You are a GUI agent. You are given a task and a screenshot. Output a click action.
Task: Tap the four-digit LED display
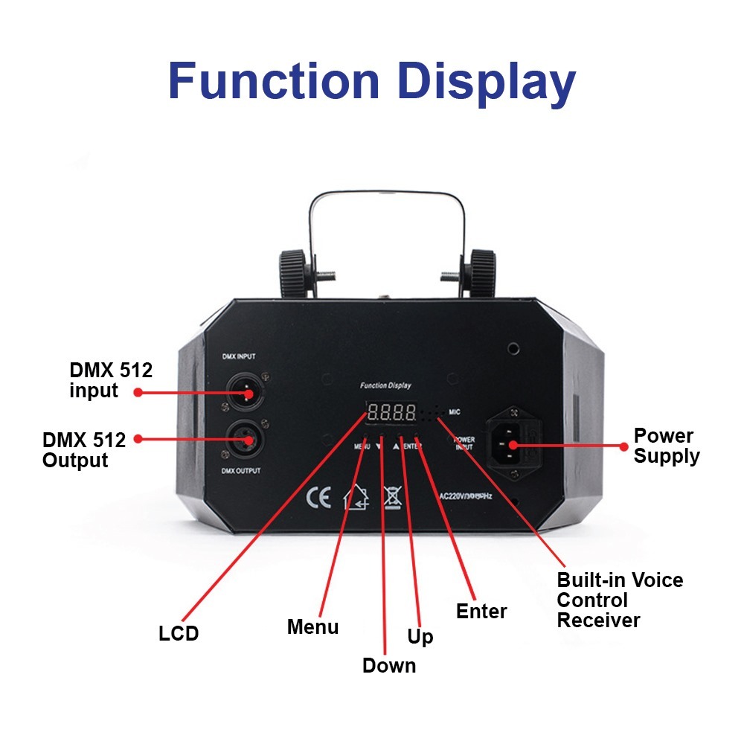[x=391, y=411]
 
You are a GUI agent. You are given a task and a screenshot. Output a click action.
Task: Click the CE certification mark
[x=319, y=498]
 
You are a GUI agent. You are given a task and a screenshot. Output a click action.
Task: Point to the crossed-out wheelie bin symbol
[x=392, y=497]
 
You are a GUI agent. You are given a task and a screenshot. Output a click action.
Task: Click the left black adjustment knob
[x=295, y=272]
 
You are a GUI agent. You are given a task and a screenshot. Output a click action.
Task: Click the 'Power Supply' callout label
[x=667, y=446]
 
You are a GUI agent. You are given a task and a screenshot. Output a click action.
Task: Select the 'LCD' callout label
[x=179, y=634]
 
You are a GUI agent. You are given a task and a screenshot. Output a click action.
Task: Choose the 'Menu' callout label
[x=312, y=627]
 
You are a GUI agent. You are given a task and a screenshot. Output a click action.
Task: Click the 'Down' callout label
[x=389, y=665]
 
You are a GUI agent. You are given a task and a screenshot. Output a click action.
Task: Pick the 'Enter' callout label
[x=481, y=612]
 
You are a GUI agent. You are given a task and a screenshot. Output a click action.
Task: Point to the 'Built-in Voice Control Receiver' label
[x=619, y=600]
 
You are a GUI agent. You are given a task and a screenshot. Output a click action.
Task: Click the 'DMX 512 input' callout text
[x=111, y=380]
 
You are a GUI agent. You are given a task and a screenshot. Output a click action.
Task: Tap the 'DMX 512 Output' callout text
[x=84, y=450]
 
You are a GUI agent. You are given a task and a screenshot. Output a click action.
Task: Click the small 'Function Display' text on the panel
[x=385, y=385]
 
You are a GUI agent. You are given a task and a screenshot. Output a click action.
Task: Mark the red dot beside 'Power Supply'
[x=624, y=446]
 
